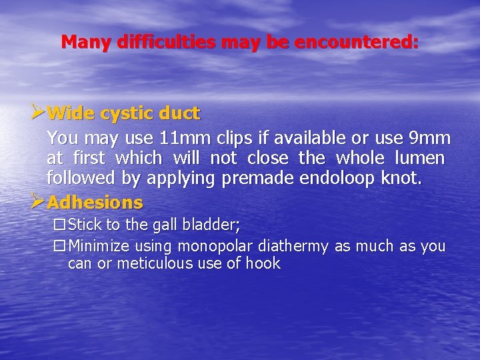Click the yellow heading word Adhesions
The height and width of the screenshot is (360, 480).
(x=95, y=202)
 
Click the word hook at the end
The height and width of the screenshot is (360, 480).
(x=263, y=264)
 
